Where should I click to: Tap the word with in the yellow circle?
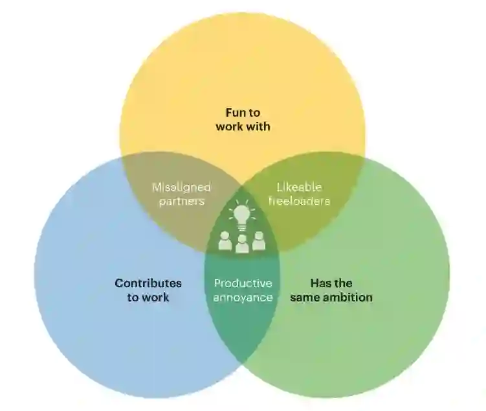pyautogui.click(x=258, y=126)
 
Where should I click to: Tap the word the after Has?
pyautogui.click(x=344, y=283)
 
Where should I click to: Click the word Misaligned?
pyautogui.click(x=181, y=187)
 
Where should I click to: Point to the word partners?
pyautogui.click(x=181, y=201)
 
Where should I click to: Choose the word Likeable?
pyautogui.click(x=300, y=187)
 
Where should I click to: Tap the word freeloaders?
pyautogui.click(x=300, y=201)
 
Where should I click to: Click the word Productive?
pyautogui.click(x=243, y=283)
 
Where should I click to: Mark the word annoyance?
pyautogui.click(x=243, y=297)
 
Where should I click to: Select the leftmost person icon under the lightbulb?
pyautogui.click(x=225, y=241)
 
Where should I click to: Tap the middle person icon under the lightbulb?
pyautogui.click(x=242, y=244)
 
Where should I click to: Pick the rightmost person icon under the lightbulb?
pyautogui.click(x=259, y=241)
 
